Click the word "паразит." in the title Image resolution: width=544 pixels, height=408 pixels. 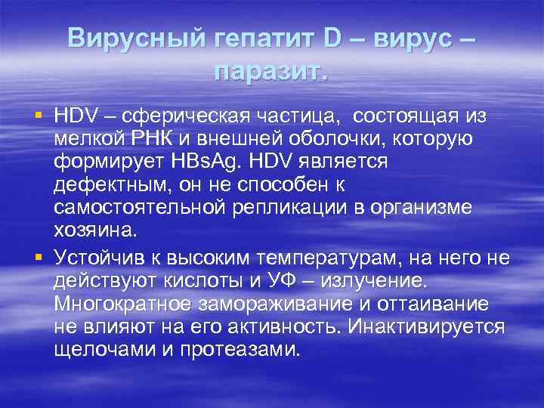click(271, 72)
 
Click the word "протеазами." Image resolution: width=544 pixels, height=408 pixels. click(249, 349)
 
